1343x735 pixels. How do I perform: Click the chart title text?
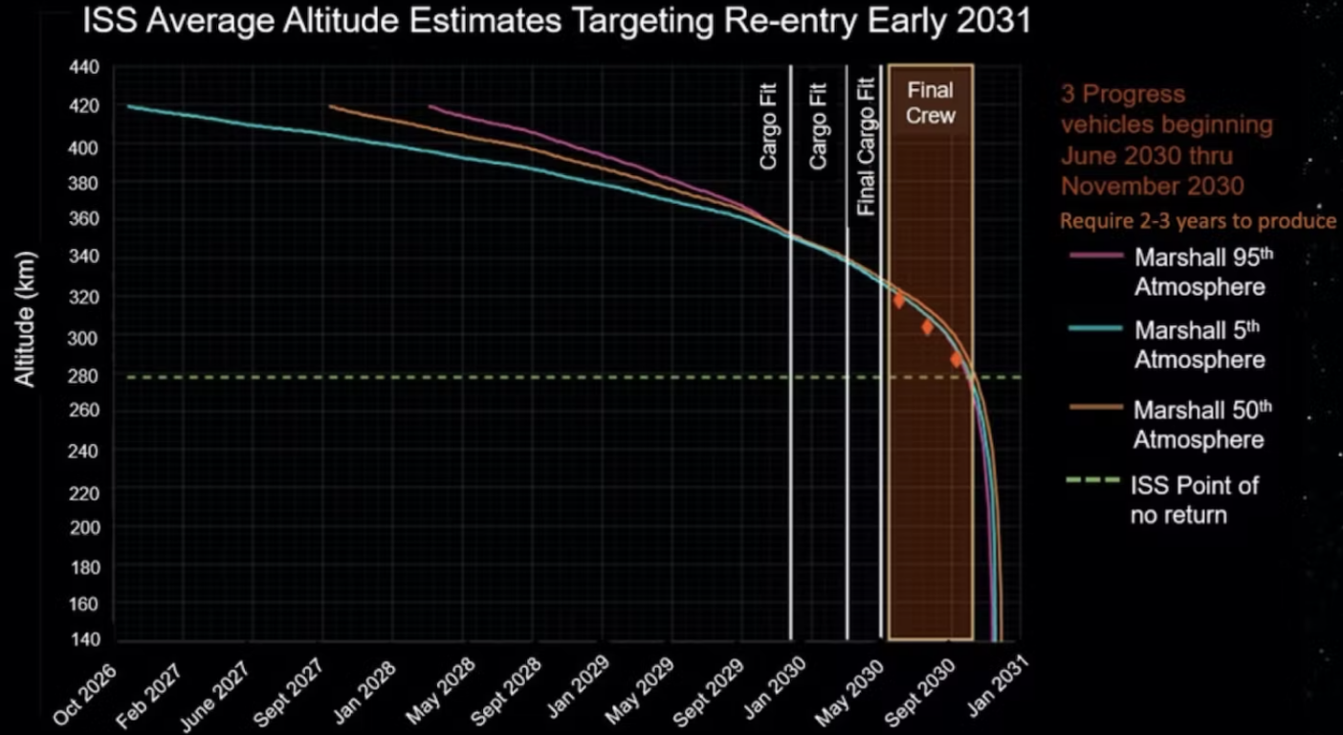556,20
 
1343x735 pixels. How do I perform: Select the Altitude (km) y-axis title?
26,320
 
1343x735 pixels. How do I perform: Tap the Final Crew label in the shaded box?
930,102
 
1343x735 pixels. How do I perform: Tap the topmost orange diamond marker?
898,301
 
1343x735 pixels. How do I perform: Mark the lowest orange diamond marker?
956,360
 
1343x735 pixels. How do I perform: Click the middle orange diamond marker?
927,327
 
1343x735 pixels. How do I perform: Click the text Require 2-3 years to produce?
1198,221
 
